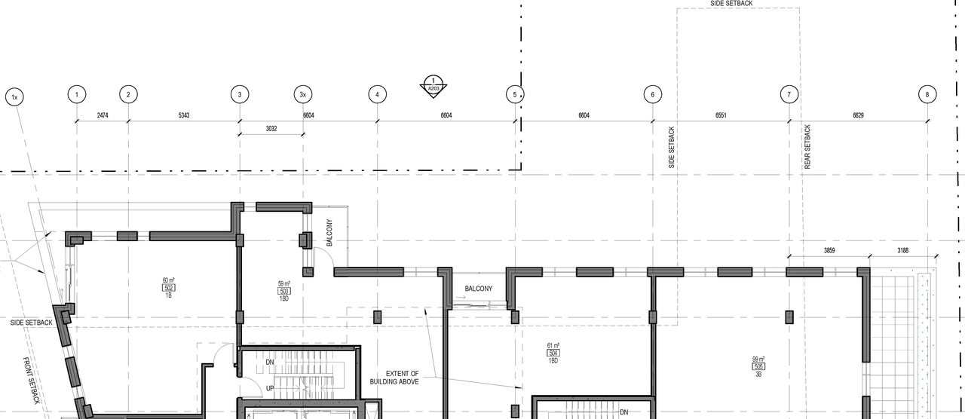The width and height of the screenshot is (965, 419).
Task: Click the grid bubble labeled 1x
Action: click(14, 97)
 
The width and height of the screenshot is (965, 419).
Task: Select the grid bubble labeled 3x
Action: click(302, 94)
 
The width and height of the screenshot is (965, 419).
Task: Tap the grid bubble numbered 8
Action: click(927, 94)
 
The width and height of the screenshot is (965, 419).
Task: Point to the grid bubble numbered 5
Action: click(515, 94)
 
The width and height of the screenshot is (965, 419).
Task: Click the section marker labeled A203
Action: click(433, 84)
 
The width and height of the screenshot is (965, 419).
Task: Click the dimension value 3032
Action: click(271, 129)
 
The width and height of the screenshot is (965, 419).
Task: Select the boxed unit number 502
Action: click(169, 288)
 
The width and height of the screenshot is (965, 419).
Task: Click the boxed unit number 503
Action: click(285, 291)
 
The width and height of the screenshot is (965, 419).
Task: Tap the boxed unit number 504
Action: click(553, 353)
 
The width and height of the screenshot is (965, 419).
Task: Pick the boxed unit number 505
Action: click(758, 367)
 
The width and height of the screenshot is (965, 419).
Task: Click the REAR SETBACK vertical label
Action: click(807, 147)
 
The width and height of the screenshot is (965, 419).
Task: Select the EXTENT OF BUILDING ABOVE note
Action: click(403, 378)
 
